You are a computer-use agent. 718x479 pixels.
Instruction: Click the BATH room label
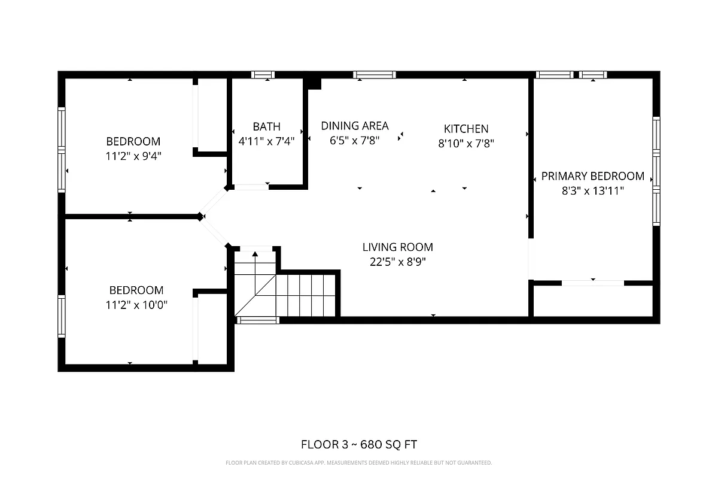coord(266,127)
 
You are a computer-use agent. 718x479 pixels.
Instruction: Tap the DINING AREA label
coord(355,126)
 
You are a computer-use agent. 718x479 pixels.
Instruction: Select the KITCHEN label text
coord(466,129)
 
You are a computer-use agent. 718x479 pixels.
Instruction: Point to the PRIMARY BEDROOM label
coord(592,176)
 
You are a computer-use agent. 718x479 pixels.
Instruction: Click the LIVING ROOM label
coord(397,247)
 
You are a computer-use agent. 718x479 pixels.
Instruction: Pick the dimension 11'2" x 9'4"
coord(133,156)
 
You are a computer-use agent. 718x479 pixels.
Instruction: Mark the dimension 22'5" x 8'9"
coord(397,262)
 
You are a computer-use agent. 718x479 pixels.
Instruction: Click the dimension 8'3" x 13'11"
coord(592,191)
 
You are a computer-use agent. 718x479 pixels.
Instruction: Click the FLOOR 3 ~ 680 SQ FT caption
coord(358,444)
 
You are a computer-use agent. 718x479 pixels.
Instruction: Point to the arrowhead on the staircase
coord(255,254)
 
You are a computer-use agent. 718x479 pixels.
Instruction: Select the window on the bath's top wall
coord(262,75)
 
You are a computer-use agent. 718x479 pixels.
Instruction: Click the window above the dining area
coord(375,75)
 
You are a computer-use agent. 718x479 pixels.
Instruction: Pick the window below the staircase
coord(258,320)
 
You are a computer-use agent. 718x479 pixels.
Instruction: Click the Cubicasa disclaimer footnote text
coord(358,463)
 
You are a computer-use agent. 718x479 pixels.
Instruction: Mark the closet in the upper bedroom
coord(211,114)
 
